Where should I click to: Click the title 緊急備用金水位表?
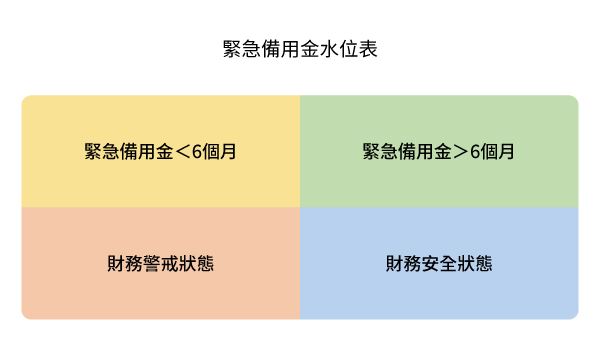[299, 48]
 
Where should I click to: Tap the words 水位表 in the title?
[350, 48]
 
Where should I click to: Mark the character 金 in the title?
[310, 48]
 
